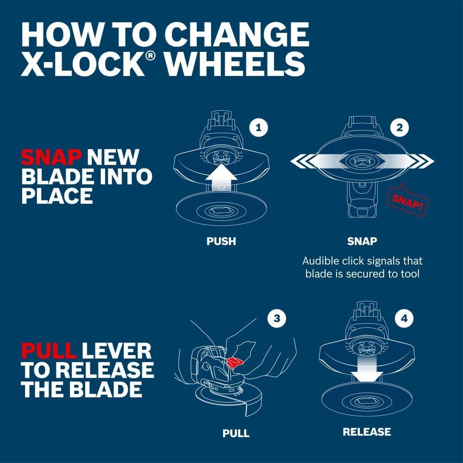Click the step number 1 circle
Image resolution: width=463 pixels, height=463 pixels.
[258, 127]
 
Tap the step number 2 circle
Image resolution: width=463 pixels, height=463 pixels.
[399, 127]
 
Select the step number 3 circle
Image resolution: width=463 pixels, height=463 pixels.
[277, 318]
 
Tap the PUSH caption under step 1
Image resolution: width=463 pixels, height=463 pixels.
[221, 241]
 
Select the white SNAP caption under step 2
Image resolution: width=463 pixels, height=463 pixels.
[362, 241]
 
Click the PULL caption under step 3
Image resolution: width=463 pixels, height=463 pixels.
[236, 433]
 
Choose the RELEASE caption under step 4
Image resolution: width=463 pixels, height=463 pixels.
[367, 432]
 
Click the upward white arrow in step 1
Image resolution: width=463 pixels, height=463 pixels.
[221, 178]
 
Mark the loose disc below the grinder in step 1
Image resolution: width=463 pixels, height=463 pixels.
[218, 211]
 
